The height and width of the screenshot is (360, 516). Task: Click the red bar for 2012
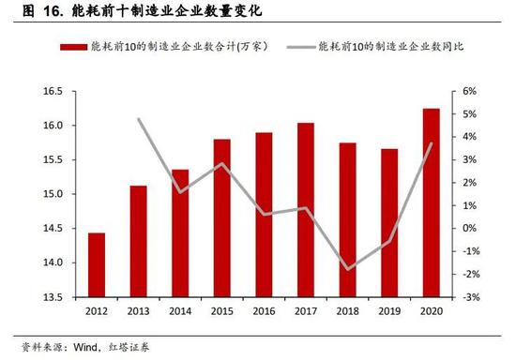pos(97,265)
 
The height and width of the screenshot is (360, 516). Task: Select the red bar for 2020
pos(432,202)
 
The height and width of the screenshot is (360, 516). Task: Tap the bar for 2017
pos(306,210)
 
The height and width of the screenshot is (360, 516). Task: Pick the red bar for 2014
pos(180,233)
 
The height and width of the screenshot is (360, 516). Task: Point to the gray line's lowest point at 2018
pos(348,269)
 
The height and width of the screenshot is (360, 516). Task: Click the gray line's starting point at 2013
pos(139,119)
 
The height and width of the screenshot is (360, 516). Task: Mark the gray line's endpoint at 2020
pos(432,143)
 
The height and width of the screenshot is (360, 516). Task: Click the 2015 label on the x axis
pos(222,311)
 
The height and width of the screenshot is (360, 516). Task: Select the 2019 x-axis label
pos(389,311)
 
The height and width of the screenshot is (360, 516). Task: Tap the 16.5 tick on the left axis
pos(53,91)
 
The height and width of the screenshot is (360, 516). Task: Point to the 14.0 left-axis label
pos(53,262)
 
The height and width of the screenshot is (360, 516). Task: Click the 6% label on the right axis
pos(470,91)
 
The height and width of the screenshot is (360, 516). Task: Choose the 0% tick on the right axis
pos(470,228)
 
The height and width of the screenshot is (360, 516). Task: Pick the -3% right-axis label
pos(471,297)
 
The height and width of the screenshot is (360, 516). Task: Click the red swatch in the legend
pos(74,47)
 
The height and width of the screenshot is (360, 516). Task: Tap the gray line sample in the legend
pos(301,47)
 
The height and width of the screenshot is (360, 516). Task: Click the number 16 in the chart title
pos(51,11)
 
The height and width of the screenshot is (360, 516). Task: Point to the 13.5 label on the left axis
pos(53,297)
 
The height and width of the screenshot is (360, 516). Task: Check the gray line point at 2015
pos(222,163)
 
